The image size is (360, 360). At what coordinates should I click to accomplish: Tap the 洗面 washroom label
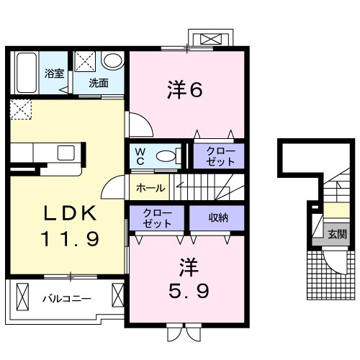[99, 82]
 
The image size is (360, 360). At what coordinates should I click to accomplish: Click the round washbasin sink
[112, 61]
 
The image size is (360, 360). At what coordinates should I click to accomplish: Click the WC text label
[140, 156]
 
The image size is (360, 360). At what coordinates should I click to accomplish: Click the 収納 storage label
[209, 217]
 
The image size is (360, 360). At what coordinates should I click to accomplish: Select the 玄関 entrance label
[336, 234]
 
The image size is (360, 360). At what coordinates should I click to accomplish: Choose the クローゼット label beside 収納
[156, 217]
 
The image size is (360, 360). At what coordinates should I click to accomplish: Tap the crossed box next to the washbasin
[86, 60]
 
